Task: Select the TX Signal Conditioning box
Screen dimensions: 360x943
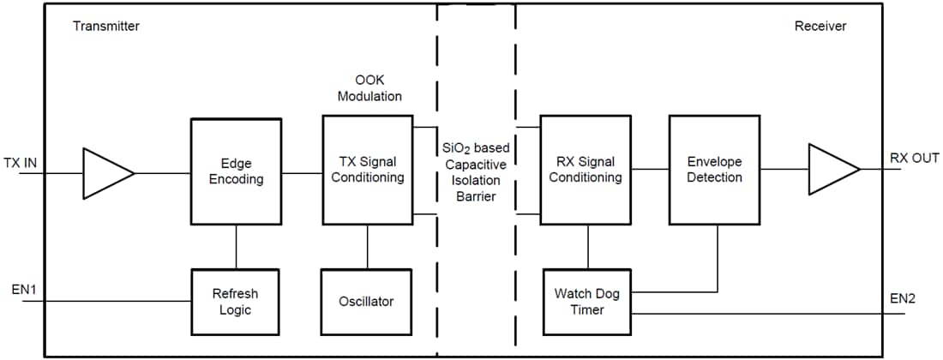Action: pyautogui.click(x=368, y=170)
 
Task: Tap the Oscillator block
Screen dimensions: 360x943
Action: pyautogui.click(x=368, y=302)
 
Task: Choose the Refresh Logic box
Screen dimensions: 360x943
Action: pyautogui.click(x=235, y=302)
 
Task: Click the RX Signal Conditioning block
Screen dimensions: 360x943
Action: pyautogui.click(x=585, y=170)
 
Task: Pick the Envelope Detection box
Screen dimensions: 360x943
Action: pyautogui.click(x=714, y=170)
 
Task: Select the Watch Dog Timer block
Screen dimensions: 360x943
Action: pyautogui.click(x=587, y=302)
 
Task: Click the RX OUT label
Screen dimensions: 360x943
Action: pyautogui.click(x=915, y=159)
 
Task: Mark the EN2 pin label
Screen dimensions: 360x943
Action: pyautogui.click(x=903, y=298)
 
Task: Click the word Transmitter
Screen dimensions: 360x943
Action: pyautogui.click(x=106, y=26)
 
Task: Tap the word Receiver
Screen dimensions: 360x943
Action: pyautogui.click(x=820, y=26)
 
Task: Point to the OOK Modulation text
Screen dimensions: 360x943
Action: pyautogui.click(x=369, y=88)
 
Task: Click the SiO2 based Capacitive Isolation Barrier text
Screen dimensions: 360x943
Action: pyautogui.click(x=475, y=172)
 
